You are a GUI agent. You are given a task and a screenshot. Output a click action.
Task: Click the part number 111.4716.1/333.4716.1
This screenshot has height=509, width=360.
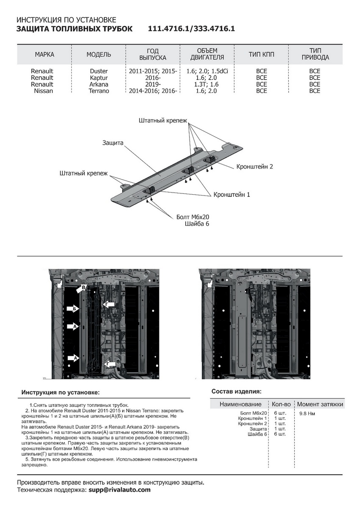pyautogui.click(x=191, y=29)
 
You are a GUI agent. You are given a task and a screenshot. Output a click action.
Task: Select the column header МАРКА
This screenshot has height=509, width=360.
pyautogui.click(x=45, y=55)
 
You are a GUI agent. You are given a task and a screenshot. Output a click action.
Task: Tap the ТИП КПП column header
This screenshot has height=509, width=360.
pyautogui.click(x=262, y=55)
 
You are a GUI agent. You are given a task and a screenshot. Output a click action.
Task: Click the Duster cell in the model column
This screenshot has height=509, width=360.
pyautogui.click(x=99, y=71)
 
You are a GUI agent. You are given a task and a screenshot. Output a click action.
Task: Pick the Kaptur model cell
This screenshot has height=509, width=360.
pyautogui.click(x=99, y=78)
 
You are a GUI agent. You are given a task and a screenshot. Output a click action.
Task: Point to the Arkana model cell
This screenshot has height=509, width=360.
pyautogui.click(x=99, y=84)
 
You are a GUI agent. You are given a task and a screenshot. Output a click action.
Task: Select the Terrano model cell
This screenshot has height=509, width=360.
pyautogui.click(x=99, y=91)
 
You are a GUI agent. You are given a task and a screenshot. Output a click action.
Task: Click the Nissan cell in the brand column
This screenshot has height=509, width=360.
pyautogui.click(x=43, y=91)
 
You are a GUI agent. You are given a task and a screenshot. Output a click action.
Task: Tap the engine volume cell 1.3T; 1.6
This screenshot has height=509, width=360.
pyautogui.click(x=207, y=84)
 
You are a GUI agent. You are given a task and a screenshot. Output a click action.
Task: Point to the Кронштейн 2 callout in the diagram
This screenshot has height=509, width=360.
pyautogui.click(x=254, y=167)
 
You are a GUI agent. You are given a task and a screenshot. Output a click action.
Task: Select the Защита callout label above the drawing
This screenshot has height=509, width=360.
pyautogui.click(x=113, y=143)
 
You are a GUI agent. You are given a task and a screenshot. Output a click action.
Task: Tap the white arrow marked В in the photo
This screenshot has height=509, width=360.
pyautogui.click(x=82, y=289)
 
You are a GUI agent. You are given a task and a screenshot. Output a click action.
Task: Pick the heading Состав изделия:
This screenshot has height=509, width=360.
pyautogui.click(x=236, y=391)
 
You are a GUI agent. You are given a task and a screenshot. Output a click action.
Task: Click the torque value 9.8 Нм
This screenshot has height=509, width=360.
pyautogui.click(x=307, y=413)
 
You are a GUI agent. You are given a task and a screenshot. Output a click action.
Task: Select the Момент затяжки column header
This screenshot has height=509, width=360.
pyautogui.click(x=320, y=404)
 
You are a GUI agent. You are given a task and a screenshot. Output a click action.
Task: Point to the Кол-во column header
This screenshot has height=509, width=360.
pyautogui.click(x=281, y=404)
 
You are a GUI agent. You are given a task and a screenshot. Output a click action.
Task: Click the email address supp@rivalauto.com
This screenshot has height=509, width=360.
pyautogui.click(x=119, y=489)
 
